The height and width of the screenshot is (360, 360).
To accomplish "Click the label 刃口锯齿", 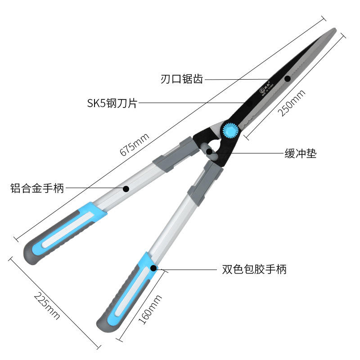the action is coord(181,80).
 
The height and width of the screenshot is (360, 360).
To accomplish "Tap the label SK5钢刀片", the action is coord(112,103).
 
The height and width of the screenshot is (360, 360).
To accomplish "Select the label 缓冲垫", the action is coord(300,153).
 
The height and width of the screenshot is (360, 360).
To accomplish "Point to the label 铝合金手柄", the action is coord(37,189).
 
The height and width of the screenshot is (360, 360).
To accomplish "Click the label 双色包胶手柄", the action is coord(254,270).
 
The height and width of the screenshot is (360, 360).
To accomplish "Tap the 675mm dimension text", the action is coord(134,145).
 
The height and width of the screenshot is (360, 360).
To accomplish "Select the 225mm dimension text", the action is coord(47,307).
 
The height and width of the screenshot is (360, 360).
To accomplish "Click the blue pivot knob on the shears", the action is coord(230,130).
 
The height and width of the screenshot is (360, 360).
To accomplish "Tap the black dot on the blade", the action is coord(288,79).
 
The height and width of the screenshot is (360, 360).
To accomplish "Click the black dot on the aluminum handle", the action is coord(126,189).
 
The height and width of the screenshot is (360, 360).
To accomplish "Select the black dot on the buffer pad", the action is coord(209,152).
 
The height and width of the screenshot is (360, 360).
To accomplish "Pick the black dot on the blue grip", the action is coord(153,268).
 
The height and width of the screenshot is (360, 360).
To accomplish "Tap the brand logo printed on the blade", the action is coord(264,89).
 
